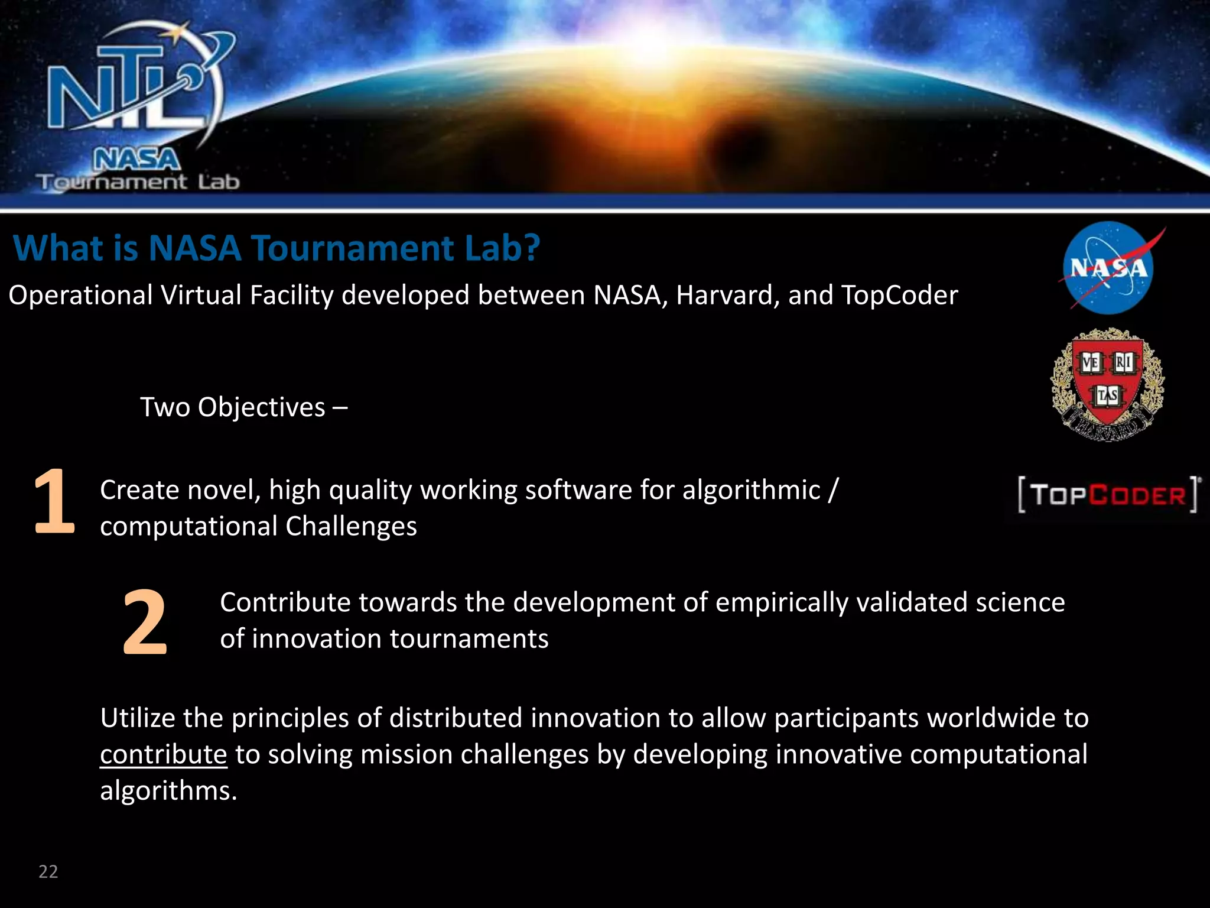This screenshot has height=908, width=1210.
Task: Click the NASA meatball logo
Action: coord(1108,268)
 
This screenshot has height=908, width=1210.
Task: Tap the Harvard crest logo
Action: coord(1107,384)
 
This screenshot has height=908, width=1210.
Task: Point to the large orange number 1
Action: coord(54,501)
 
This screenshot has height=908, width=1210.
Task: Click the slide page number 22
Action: coord(48,871)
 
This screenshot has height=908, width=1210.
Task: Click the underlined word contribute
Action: coord(163,755)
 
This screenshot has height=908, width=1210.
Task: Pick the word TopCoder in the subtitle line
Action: coord(899,295)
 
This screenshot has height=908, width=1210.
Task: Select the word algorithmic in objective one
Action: coord(751,490)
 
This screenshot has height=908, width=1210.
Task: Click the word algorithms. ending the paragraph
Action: coord(168,791)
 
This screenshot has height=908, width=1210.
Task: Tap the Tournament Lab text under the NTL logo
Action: coord(138,182)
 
